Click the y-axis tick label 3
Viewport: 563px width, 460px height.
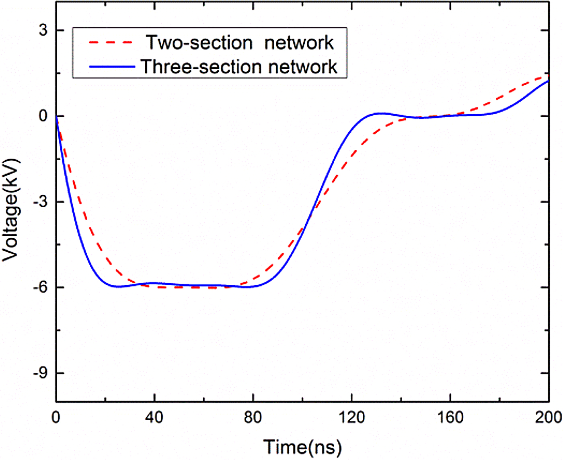tap(43, 30)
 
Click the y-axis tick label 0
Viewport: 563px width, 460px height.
tap(43, 116)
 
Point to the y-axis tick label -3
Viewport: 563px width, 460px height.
tap(41, 202)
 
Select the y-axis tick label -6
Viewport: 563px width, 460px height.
tap(41, 287)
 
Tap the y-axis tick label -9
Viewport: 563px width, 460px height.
tap(41, 373)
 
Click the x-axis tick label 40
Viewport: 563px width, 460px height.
tap(154, 417)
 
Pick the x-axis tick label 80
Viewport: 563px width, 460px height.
tap(253, 417)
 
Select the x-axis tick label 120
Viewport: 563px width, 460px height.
tap(351, 417)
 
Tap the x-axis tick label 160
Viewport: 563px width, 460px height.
tap(450, 417)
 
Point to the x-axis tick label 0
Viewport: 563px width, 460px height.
tap(56, 417)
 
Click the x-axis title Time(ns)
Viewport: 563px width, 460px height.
tap(302, 447)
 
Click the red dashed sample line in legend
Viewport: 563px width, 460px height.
tap(111, 42)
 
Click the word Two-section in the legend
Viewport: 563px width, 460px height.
tap(199, 42)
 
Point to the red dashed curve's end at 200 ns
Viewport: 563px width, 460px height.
tap(548, 76)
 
